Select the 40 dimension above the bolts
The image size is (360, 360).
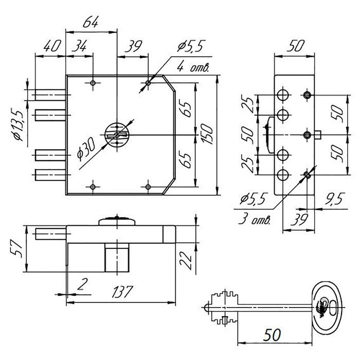[x=49, y=47]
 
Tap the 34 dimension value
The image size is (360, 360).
[x=79, y=47]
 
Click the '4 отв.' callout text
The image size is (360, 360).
[x=191, y=67]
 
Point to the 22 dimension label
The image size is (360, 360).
[x=186, y=260]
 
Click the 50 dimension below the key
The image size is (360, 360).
[x=269, y=334]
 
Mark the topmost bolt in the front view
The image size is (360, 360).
[x=50, y=95]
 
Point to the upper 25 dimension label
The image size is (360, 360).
[x=248, y=104]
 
